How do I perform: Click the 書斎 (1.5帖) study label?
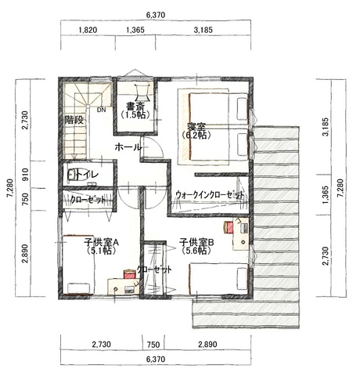(135, 110)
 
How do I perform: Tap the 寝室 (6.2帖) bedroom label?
(196, 131)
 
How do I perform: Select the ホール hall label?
(128, 147)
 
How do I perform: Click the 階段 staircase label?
(74, 120)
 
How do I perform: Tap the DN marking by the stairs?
(102, 110)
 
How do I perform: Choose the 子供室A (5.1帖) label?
(101, 247)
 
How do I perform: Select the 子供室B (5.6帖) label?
(196, 247)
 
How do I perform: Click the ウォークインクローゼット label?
(210, 195)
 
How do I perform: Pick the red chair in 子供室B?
(229, 227)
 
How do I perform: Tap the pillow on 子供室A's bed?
(79, 288)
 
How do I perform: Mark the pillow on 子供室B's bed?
(242, 279)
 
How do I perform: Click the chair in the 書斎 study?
(142, 92)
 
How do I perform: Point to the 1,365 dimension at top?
(135, 30)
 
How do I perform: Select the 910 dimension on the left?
(25, 175)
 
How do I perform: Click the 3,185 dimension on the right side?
(326, 127)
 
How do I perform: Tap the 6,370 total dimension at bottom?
(156, 360)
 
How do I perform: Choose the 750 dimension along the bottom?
(153, 345)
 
